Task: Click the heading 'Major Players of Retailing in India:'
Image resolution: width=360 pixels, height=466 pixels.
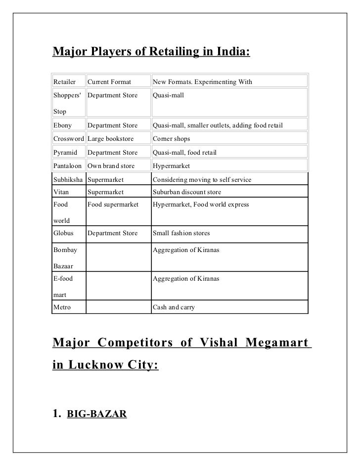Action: coord(152,51)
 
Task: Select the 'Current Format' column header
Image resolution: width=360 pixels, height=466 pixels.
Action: coord(109,81)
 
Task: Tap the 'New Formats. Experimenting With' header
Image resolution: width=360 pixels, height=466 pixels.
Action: coord(202,81)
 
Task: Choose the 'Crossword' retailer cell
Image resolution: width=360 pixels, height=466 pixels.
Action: coord(69,139)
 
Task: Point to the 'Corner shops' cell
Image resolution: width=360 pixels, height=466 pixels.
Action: coord(171,139)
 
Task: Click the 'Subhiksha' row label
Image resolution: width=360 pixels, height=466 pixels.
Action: coord(69,179)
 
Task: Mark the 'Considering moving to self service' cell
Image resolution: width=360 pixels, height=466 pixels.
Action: coord(202,179)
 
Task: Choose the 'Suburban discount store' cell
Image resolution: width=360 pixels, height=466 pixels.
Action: coord(187,192)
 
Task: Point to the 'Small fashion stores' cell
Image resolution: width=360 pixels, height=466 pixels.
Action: coord(181,233)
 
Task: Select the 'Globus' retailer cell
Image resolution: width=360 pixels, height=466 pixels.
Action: coord(64,233)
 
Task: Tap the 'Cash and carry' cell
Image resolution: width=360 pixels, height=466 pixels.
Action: coord(174,307)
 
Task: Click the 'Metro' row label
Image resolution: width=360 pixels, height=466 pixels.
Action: coord(62,307)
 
